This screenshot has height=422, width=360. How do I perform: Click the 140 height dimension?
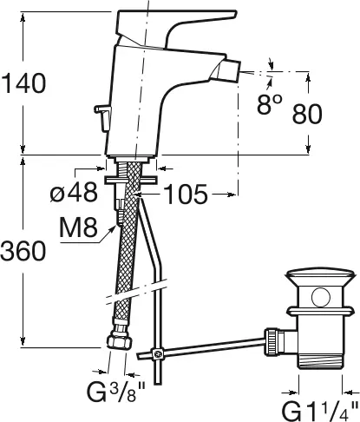pyautogui.click(x=23, y=83)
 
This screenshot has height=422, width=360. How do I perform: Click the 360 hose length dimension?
pyautogui.click(x=23, y=251)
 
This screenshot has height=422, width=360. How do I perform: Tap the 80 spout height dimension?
pyautogui.click(x=307, y=114)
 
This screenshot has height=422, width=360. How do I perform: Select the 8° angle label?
pyautogui.click(x=269, y=103)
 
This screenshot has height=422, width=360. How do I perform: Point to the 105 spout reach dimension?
pyautogui.click(x=186, y=194)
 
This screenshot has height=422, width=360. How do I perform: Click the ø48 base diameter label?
pyautogui.click(x=74, y=192)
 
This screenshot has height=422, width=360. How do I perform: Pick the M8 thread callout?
pyautogui.click(x=78, y=227)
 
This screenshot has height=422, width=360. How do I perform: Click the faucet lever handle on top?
pyautogui.click(x=173, y=28)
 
